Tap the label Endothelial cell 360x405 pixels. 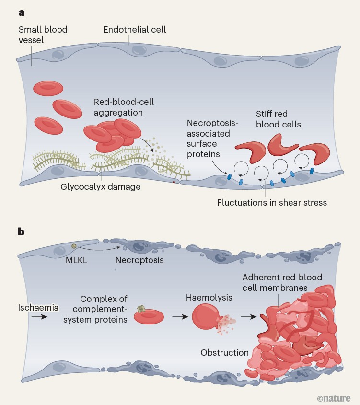[x=134, y=30]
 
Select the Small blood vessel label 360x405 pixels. [x=43, y=35]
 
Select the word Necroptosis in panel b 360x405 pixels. [x=139, y=260]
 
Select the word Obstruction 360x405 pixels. [x=224, y=352]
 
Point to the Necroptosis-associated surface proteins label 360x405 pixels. [x=209, y=139]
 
